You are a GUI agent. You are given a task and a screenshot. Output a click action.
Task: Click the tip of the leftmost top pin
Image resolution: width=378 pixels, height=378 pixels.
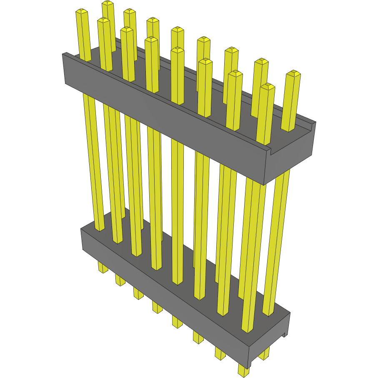(x=82, y=12)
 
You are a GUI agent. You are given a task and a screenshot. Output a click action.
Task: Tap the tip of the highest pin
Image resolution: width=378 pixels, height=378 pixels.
(x=108, y=3)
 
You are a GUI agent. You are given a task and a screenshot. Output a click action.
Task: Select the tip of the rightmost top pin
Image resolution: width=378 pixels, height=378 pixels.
(x=293, y=73)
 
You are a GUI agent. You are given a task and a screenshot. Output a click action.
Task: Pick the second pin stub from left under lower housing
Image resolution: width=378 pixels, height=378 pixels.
(x=120, y=281)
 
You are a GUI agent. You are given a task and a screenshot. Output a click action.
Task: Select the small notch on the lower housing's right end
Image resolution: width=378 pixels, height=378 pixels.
(x=285, y=333)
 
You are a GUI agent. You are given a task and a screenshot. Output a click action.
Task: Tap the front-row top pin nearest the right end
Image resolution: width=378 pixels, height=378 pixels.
(x=266, y=113)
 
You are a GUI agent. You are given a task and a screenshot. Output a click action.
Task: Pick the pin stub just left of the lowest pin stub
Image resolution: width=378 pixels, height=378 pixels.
(x=220, y=353)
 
